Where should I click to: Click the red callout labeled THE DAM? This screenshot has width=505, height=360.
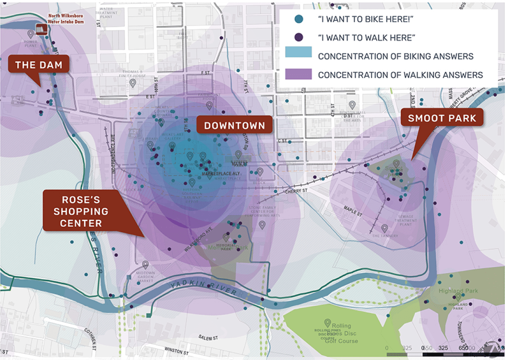coord(39,65)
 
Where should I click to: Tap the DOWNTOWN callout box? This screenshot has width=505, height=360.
coord(234,125)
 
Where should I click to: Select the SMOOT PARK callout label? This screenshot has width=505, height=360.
coord(442,118)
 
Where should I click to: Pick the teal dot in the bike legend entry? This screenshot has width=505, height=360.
coord(298,19)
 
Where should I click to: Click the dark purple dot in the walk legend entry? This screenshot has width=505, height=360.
coord(298,37)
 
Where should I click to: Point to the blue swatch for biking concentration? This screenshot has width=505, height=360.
coord(298,56)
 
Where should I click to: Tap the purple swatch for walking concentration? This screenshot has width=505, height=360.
coord(298,75)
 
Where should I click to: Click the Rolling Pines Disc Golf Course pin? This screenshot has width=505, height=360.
coord(327,323)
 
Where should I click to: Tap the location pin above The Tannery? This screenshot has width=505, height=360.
coord(384,228)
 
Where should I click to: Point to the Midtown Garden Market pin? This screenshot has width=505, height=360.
coord(146,264)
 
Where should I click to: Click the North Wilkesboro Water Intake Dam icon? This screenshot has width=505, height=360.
coord(41,29)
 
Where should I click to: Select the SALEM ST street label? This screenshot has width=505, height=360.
coord(208,338)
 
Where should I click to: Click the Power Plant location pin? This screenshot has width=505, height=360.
coord(30,34)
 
